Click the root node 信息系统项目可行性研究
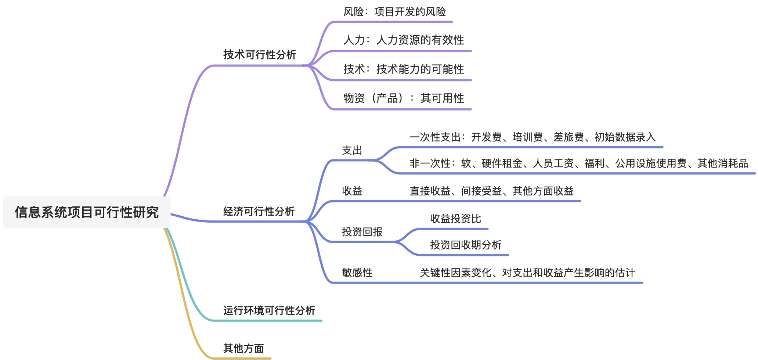point(87,212)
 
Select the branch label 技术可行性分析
point(259,55)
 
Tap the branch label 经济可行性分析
point(259,212)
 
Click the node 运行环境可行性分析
point(269,311)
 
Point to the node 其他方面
point(243,348)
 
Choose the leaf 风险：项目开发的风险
point(394,12)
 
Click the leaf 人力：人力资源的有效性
point(403,40)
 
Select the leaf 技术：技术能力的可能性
point(403,69)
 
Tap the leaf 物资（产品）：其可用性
point(403,98)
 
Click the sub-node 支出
point(352,150)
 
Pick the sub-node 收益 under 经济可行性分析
point(352,191)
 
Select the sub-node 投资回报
point(362,232)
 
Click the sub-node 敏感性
point(357,273)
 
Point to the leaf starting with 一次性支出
point(533,137)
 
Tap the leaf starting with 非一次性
point(579,163)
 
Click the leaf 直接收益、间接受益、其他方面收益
point(491,191)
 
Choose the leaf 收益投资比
point(455,219)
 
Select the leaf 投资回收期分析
point(466,245)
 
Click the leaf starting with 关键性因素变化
point(527,273)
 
